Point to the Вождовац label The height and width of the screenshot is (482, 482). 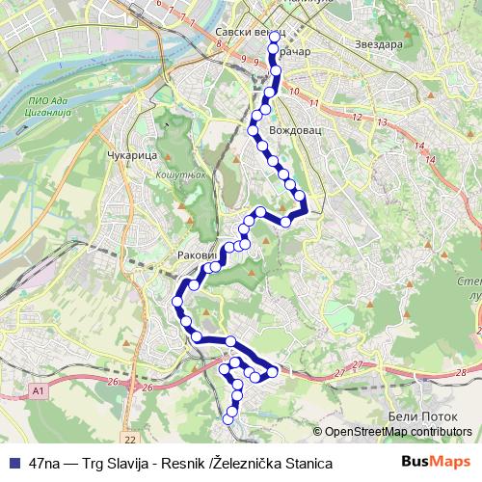[293, 127]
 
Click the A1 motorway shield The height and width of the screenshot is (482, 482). [38, 390]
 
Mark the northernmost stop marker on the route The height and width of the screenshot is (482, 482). [274, 37]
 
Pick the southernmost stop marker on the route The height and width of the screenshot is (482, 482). [228, 418]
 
